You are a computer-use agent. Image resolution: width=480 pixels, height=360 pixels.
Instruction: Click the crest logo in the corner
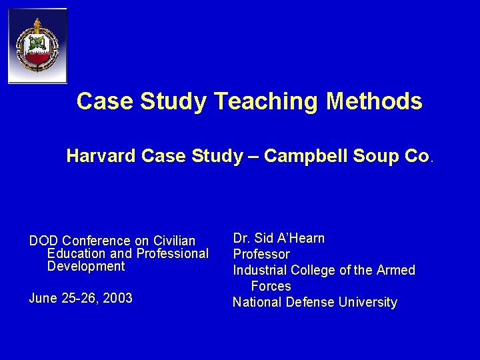click(x=37, y=46)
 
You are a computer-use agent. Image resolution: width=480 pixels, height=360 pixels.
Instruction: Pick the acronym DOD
click(x=43, y=241)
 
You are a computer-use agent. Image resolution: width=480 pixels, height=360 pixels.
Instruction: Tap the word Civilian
click(x=173, y=241)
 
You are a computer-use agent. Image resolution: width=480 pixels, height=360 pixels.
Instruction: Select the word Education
click(x=75, y=253)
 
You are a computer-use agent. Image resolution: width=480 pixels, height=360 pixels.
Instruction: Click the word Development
click(x=86, y=266)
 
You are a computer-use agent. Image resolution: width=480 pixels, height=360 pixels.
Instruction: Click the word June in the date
click(x=42, y=298)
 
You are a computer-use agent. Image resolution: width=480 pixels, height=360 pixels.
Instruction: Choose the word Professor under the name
click(x=261, y=254)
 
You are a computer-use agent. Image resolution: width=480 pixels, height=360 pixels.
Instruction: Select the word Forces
click(x=271, y=286)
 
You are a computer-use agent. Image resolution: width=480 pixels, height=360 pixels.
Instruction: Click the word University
click(x=367, y=302)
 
